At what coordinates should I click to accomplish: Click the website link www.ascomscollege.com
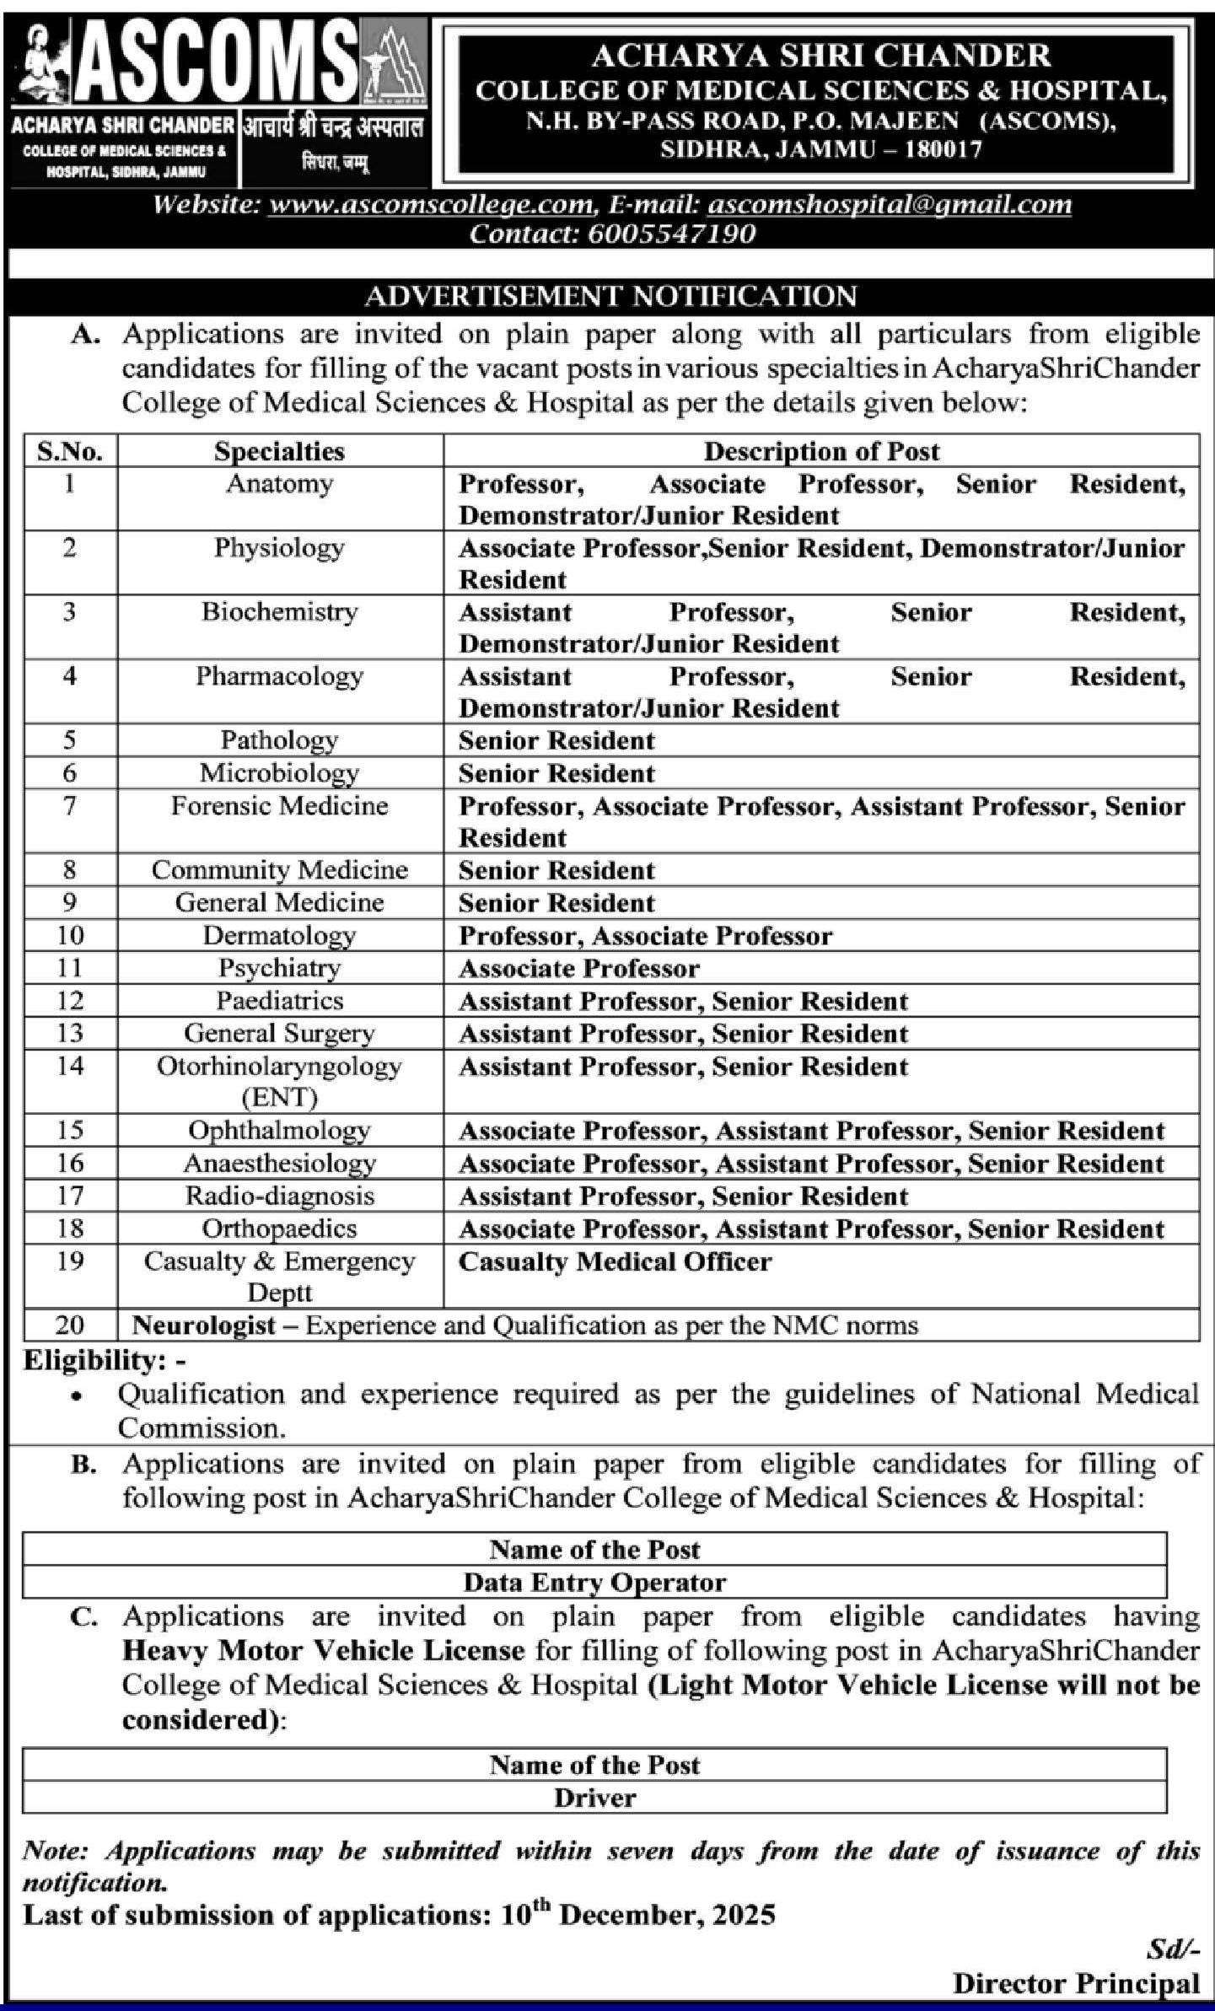431,205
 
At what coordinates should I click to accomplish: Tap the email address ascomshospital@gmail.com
890,205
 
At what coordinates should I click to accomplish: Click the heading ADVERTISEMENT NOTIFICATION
610,296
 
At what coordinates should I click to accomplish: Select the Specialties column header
279,451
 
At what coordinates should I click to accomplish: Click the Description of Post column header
821,451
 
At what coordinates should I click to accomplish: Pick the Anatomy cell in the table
279,484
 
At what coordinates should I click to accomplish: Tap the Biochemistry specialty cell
279,612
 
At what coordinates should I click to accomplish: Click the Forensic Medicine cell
279,806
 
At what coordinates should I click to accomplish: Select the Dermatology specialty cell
279,935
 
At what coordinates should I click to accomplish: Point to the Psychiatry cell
279,968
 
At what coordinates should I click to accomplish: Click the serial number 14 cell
70,1066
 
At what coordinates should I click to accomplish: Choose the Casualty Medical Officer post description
615,1261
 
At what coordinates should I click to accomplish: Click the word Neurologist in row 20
204,1325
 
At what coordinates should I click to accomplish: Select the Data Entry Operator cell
594,1582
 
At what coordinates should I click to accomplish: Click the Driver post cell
594,1797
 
